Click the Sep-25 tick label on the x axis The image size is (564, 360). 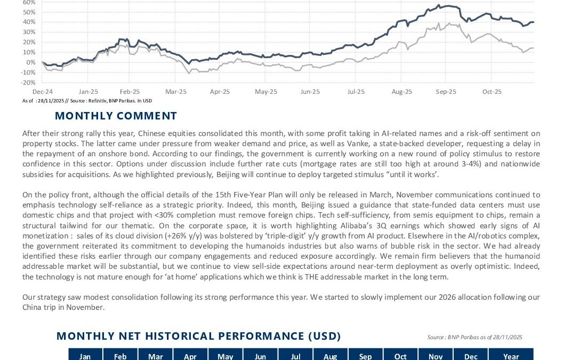pyautogui.click(x=446, y=92)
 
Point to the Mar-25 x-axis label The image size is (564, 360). pyautogui.click(x=176, y=92)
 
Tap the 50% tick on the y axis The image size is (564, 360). pyautogui.click(x=29, y=12)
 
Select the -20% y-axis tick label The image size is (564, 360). pyautogui.click(x=28, y=83)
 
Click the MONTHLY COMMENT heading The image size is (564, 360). pyautogui.click(x=116, y=116)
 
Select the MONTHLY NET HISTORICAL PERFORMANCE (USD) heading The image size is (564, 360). pyautogui.click(x=198, y=336)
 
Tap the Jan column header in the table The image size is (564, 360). pyautogui.click(x=85, y=356)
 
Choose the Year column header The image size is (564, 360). pyautogui.click(x=511, y=356)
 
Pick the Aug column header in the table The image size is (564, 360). pyautogui.click(x=331, y=356)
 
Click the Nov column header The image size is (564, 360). pyautogui.click(x=436, y=356)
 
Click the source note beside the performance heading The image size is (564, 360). pyautogui.click(x=474, y=337)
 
